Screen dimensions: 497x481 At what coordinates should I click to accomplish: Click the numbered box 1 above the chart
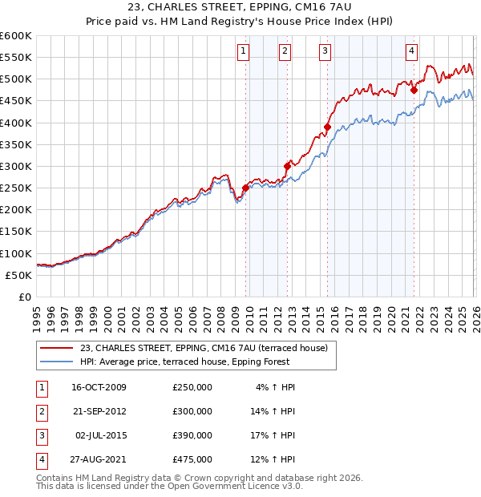pyautogui.click(x=243, y=51)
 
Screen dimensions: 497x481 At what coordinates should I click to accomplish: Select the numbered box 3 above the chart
pyautogui.click(x=325, y=51)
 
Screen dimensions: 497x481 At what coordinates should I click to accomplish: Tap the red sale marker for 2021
pyautogui.click(x=414, y=91)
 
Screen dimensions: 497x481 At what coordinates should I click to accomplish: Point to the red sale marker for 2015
pyautogui.click(x=327, y=127)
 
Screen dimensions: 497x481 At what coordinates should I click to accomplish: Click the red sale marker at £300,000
pyautogui.click(x=287, y=166)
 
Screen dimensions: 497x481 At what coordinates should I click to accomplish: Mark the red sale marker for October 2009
pyautogui.click(x=245, y=188)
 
